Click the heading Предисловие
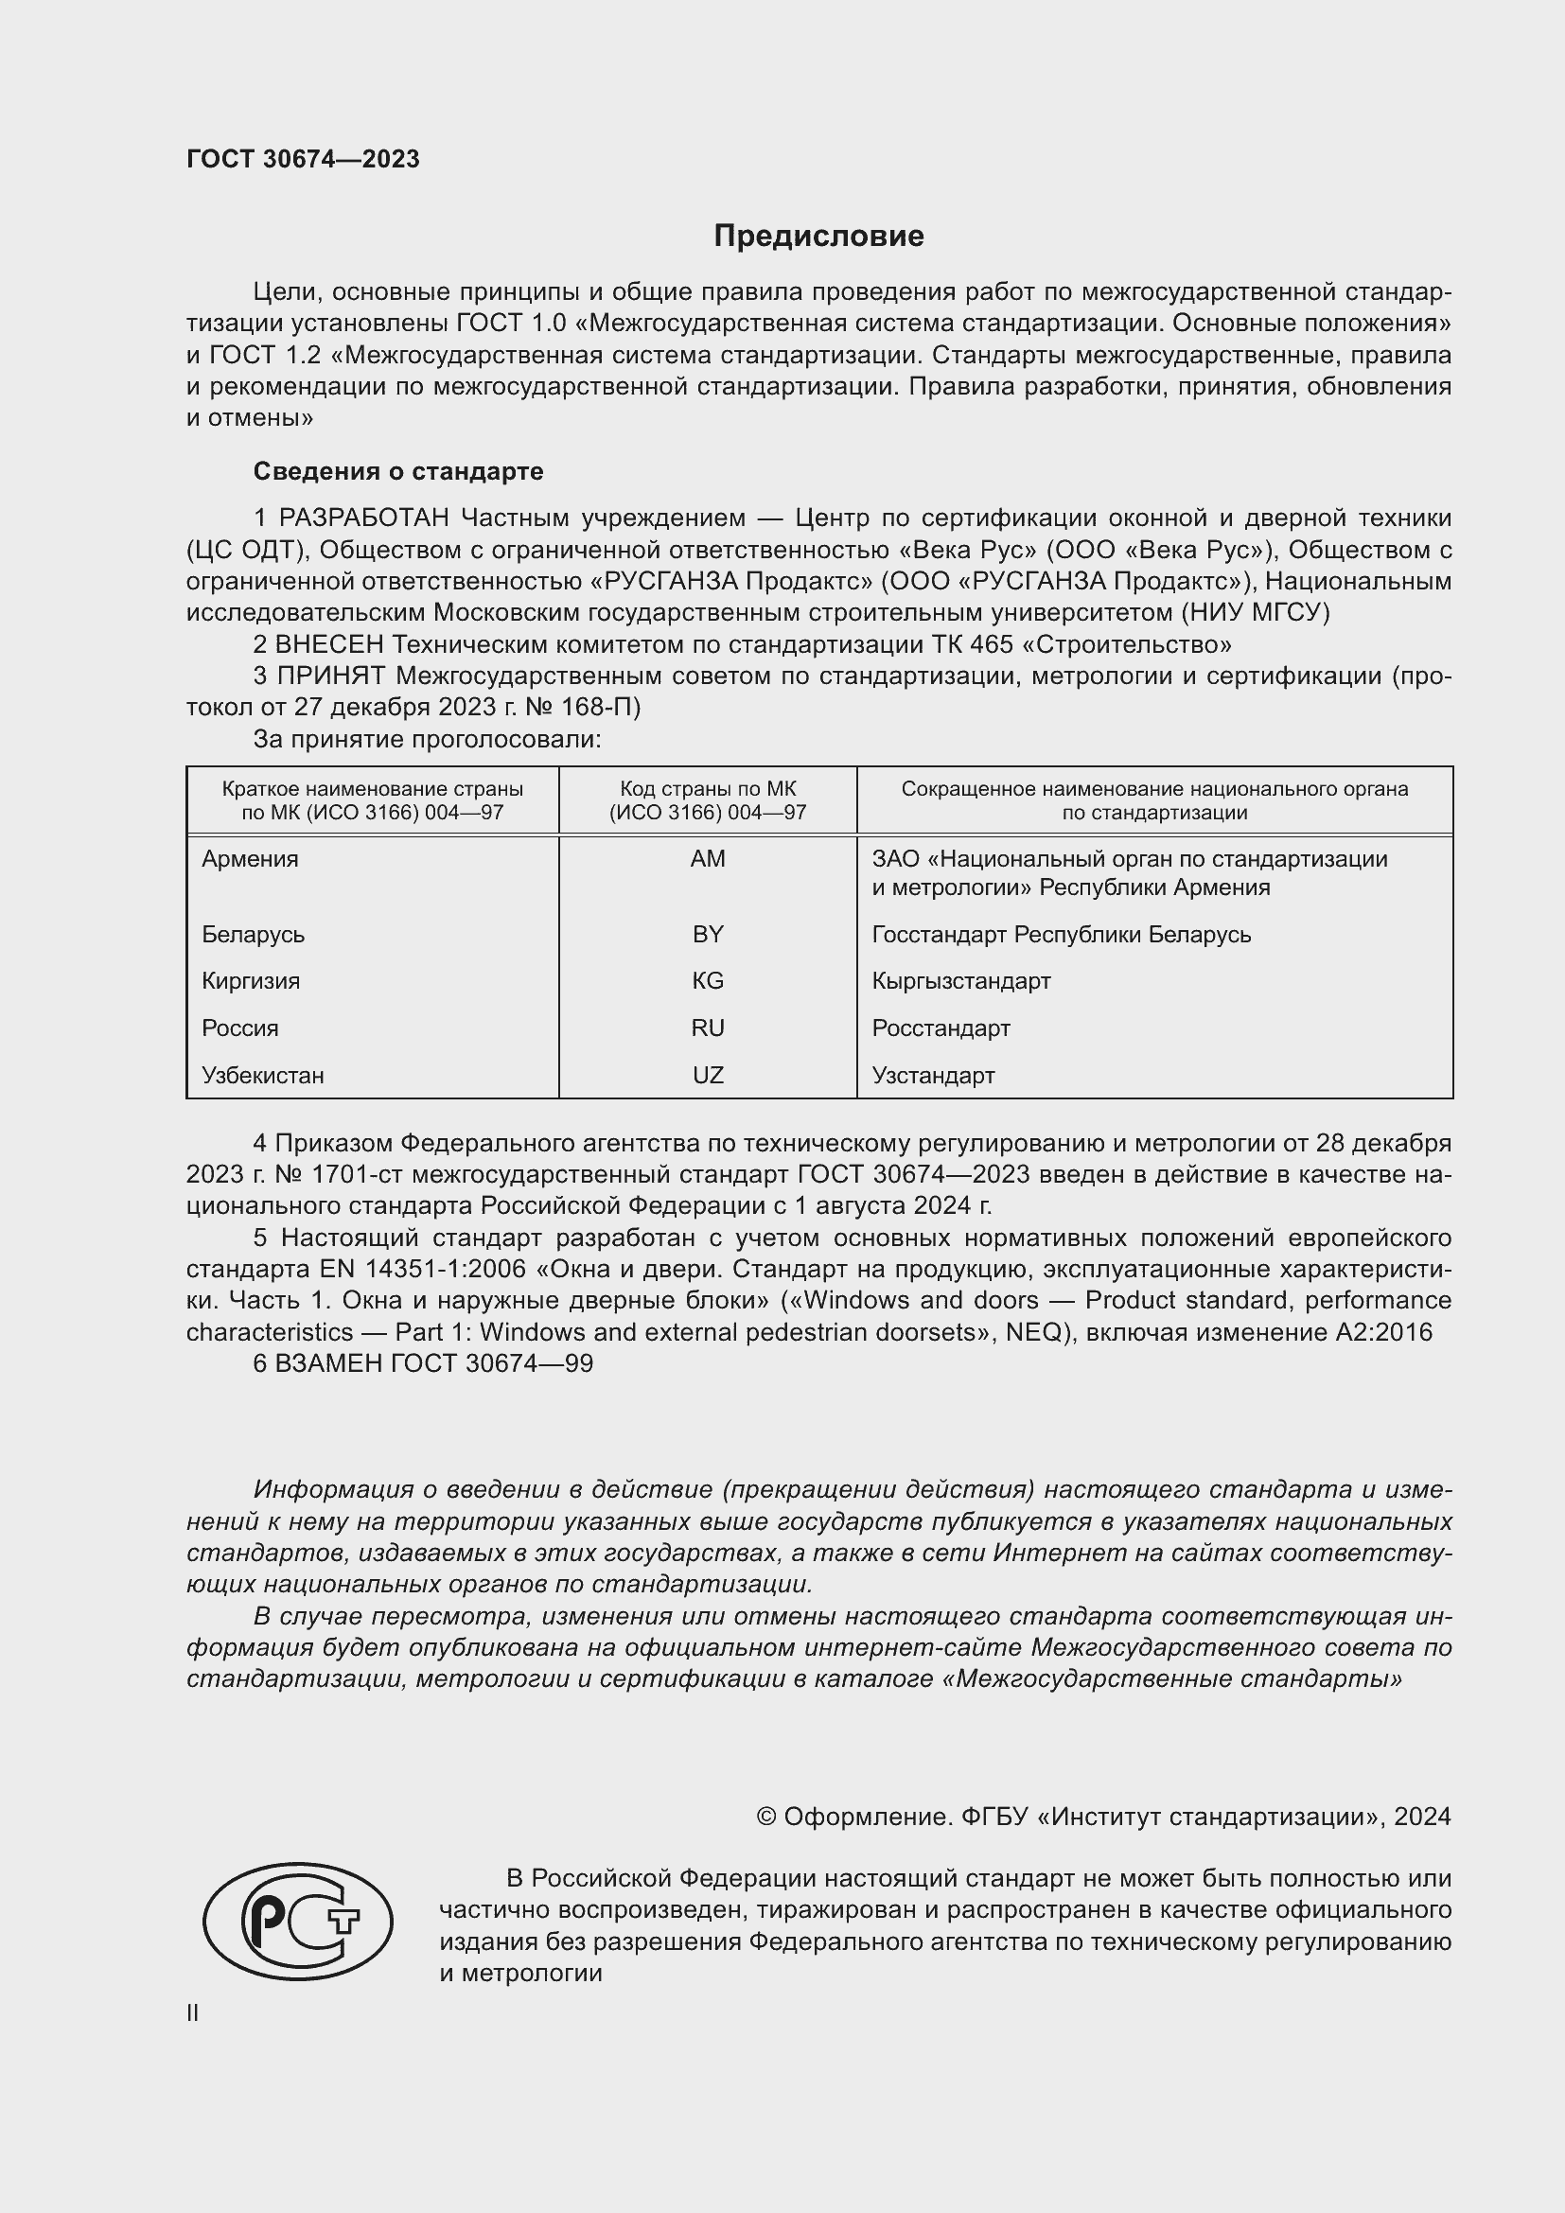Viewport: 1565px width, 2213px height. coord(818,237)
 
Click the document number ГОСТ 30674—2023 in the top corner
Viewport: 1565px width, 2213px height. coord(303,159)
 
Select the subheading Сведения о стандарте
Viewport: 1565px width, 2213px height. coord(398,471)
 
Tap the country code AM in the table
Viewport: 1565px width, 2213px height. coord(708,859)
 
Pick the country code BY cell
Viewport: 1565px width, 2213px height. coord(708,934)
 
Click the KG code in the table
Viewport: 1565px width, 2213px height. coord(708,981)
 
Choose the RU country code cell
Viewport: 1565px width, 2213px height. coord(708,1028)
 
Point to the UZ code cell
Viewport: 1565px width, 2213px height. coord(708,1076)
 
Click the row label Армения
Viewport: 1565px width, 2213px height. coord(250,859)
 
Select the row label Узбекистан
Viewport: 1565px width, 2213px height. coord(262,1076)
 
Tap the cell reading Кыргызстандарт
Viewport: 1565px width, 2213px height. coord(960,981)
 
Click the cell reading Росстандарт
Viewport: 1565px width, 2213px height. coord(941,1028)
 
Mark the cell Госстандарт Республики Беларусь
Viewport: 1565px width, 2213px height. coord(1061,934)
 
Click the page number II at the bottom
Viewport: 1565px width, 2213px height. coord(193,2013)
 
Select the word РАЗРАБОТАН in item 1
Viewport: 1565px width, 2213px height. coord(363,518)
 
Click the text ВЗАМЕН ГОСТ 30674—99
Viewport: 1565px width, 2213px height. coord(433,1364)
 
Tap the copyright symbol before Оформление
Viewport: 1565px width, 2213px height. coord(766,1817)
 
